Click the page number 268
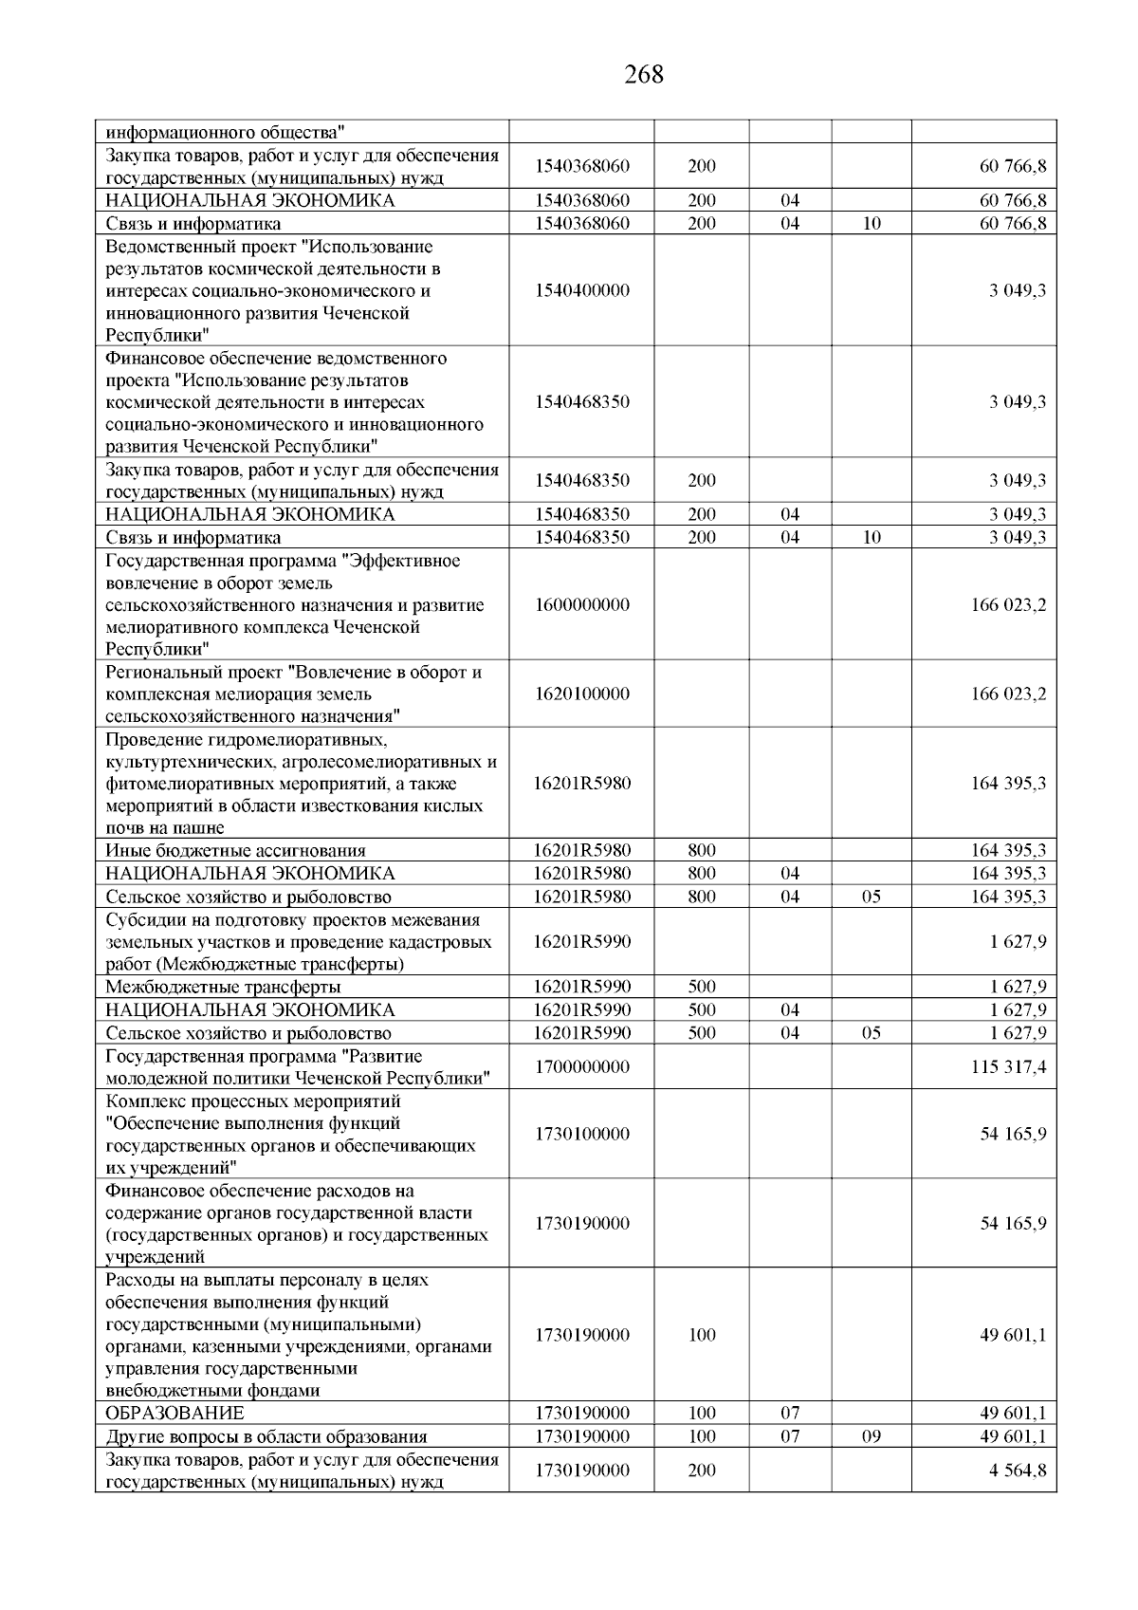[644, 74]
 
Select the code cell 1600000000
[581, 605]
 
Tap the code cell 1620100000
[581, 694]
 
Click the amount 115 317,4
[1008, 1067]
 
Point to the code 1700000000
[581, 1067]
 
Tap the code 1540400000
[581, 290]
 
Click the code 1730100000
[581, 1135]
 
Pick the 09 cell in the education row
[872, 1436]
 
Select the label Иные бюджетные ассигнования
[235, 851]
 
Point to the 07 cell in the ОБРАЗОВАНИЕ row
[790, 1414]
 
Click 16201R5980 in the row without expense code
[581, 784]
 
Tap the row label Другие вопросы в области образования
[266, 1436]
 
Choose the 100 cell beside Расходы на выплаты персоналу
[701, 1336]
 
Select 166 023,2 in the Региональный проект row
[1008, 694]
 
